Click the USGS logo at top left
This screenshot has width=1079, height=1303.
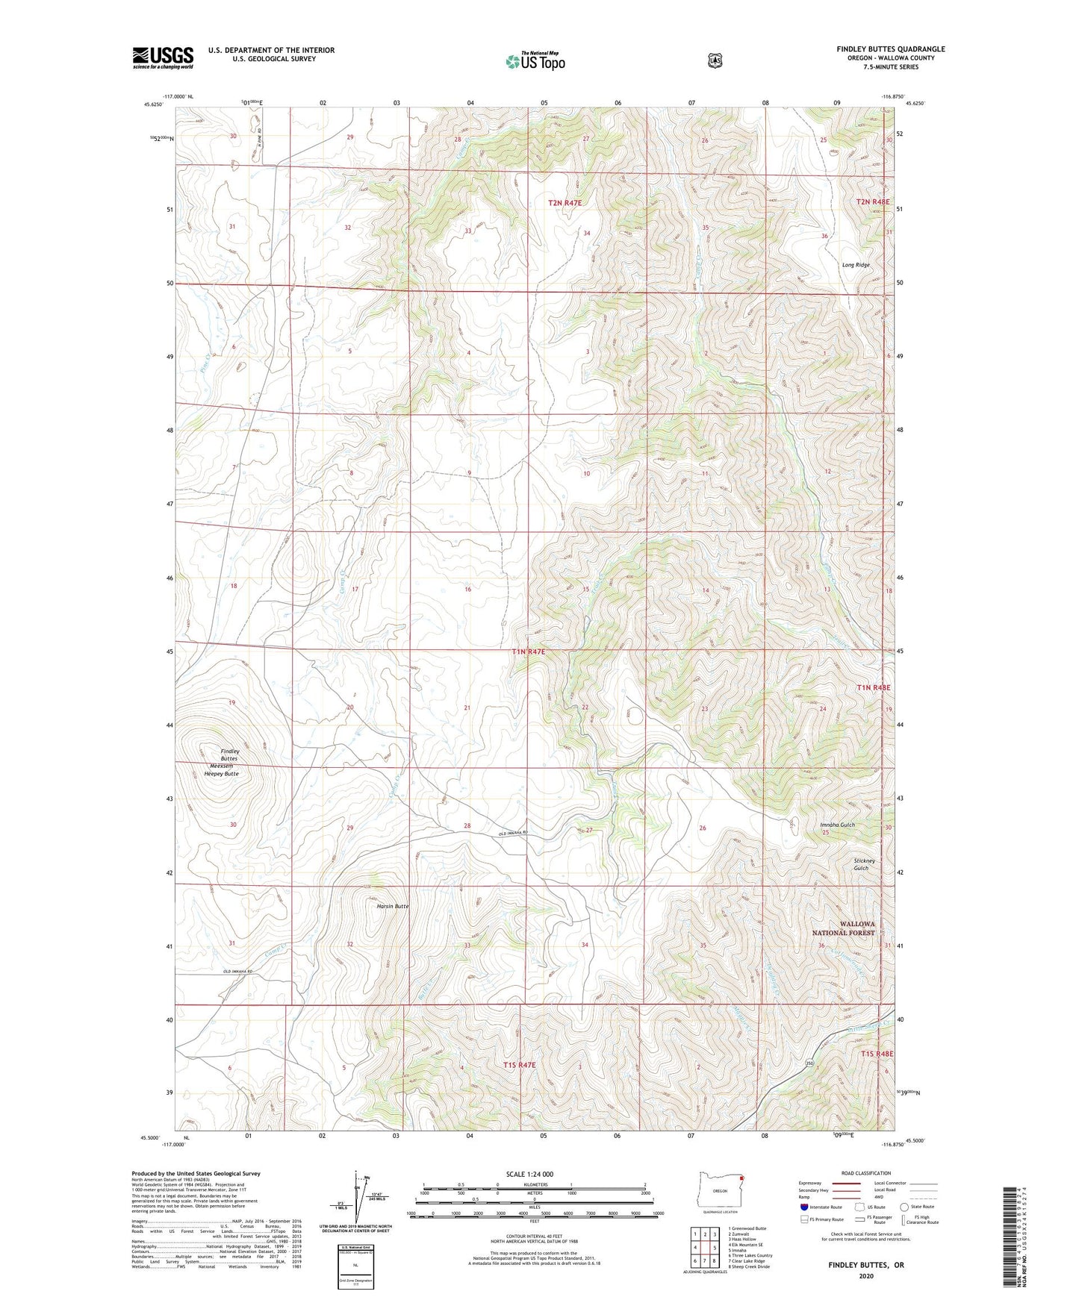(163, 57)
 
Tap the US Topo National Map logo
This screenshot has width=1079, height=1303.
(534, 60)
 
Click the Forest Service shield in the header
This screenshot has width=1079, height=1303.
(715, 60)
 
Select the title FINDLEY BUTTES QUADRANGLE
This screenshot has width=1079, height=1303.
(890, 49)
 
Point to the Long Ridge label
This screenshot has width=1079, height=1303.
(856, 265)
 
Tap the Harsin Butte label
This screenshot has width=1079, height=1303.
(392, 906)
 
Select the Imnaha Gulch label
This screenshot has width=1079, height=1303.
(836, 825)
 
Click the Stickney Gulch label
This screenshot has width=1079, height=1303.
(861, 864)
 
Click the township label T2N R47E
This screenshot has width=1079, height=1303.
(565, 202)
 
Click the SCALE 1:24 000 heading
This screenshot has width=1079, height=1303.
(529, 1174)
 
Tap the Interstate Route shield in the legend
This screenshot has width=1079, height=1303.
(803, 1207)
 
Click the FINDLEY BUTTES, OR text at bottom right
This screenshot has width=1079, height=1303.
(865, 1265)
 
